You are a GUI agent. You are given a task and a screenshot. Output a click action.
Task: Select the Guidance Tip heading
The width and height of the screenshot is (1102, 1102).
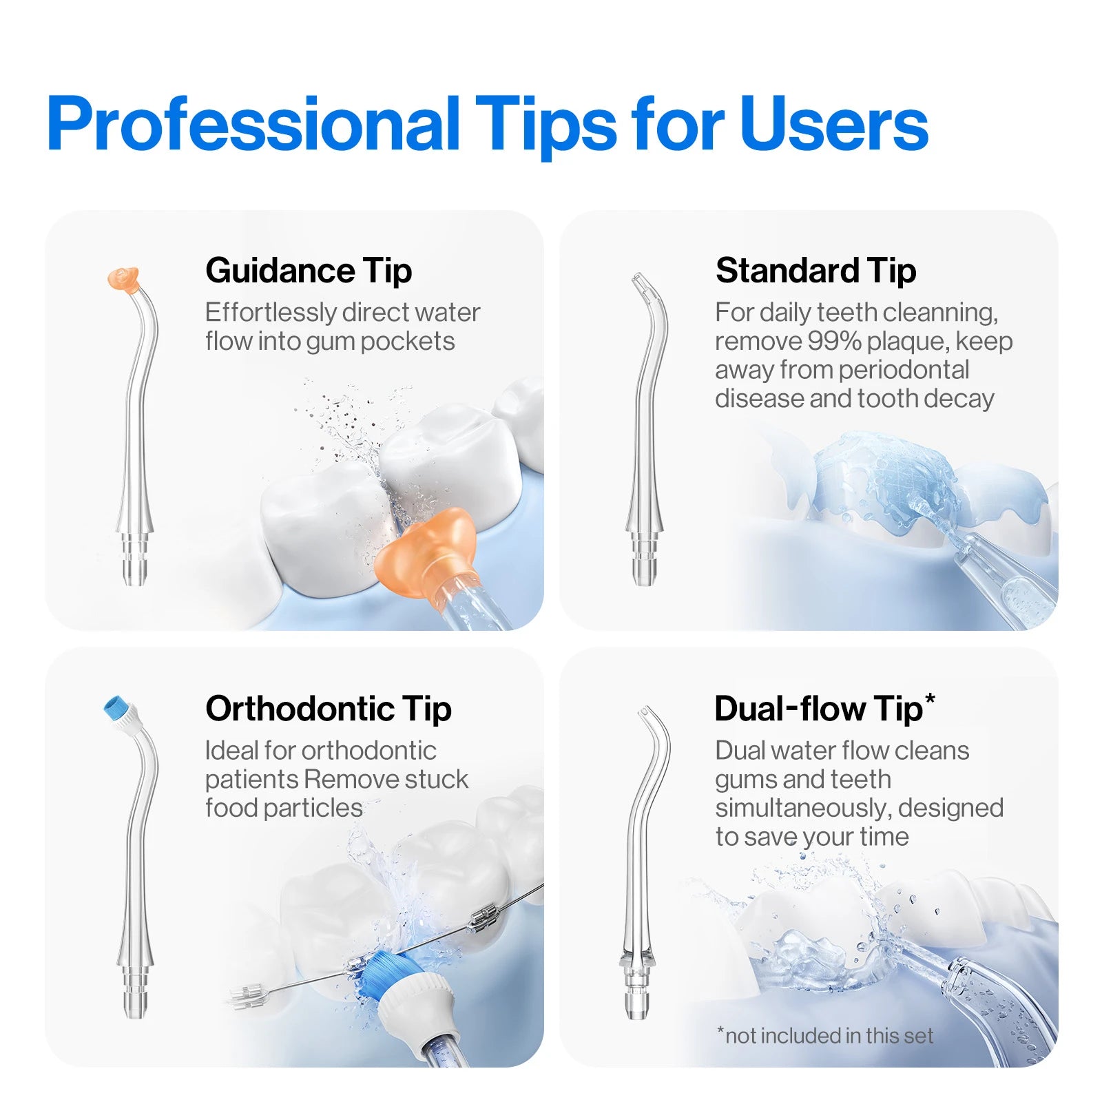point(309,270)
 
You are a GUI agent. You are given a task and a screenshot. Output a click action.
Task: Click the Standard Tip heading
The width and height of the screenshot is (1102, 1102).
point(816,270)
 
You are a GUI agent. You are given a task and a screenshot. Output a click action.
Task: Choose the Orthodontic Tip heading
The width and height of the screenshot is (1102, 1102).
point(329,708)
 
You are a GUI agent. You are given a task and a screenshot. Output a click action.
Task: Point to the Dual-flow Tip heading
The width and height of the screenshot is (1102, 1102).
point(818,708)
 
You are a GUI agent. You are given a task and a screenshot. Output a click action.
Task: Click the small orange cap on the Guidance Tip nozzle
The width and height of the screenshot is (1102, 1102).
point(124,279)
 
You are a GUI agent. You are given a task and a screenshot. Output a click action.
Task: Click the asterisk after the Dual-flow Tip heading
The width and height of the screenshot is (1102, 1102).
point(930,698)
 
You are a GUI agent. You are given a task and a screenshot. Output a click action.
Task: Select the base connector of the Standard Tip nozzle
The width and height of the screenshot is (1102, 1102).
point(644,558)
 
